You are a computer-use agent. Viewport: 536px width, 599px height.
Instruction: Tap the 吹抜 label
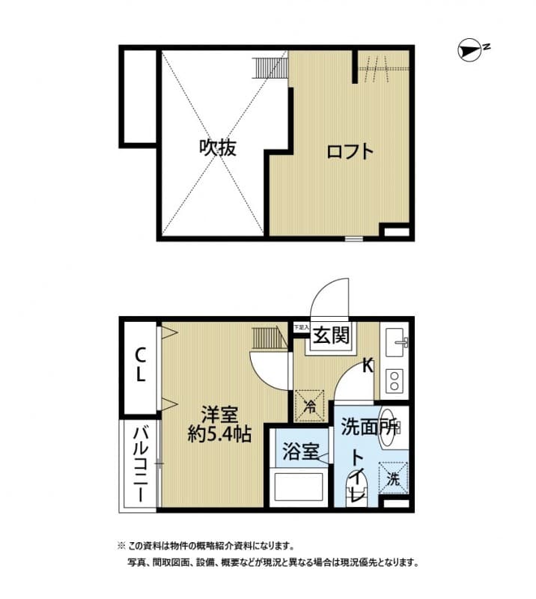pos(218,148)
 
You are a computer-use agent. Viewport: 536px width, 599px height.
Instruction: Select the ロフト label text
pos(349,151)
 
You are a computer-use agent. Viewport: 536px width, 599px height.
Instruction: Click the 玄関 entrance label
pos(331,336)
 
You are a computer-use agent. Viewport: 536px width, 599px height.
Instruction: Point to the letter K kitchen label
pos(368,366)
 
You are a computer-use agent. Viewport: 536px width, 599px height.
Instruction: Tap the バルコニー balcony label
pos(140,463)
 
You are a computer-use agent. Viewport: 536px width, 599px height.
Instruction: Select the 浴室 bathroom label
pos(301,452)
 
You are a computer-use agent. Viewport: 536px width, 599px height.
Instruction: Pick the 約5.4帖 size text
pos(219,434)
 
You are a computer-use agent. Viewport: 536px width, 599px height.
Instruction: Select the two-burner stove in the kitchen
pos(395,382)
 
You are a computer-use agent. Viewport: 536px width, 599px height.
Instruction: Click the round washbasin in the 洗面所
pos(389,428)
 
